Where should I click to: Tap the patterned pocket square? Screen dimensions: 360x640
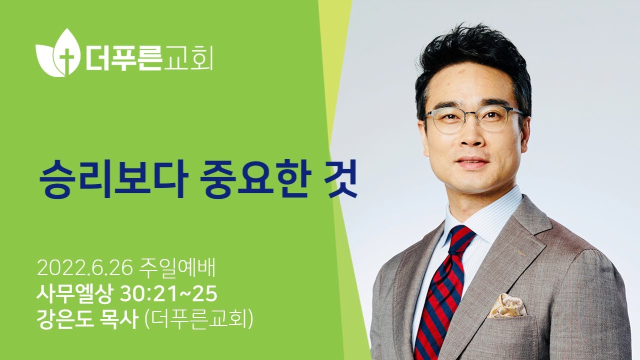click(506, 304)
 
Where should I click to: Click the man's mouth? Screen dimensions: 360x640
click(471, 163)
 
